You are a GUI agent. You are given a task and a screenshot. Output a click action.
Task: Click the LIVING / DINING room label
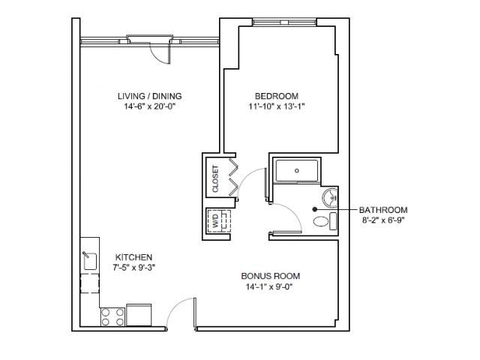pos(150,96)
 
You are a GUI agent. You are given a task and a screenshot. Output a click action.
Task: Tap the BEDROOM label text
pos(277,96)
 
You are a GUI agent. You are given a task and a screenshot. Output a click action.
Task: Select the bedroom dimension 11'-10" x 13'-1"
pos(277,106)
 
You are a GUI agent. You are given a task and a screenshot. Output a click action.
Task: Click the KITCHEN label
pos(133,257)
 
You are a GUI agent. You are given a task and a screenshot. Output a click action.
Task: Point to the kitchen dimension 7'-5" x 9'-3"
pos(133,268)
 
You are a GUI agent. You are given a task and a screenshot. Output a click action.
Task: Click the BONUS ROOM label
pos(271,276)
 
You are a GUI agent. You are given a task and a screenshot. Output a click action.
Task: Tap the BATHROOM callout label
pos(383,210)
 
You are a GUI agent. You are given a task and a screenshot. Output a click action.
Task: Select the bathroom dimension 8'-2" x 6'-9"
pos(383,220)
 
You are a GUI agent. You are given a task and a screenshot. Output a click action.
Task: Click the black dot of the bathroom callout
pos(314,209)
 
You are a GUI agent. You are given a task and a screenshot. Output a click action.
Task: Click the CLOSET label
pos(215,178)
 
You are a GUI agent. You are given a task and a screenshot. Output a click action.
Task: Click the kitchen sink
pos(90,261)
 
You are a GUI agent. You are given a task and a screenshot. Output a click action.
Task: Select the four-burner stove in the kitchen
pos(113,316)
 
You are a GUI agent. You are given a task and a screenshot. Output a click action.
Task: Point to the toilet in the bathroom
pos(325,221)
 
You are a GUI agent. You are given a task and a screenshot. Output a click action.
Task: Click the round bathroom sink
pos(330,196)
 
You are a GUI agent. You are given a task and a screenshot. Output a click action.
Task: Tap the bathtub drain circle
pos(297,170)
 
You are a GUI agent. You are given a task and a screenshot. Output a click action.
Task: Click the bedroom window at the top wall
pos(285,22)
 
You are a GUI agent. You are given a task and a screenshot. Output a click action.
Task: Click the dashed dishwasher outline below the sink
pos(90,283)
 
